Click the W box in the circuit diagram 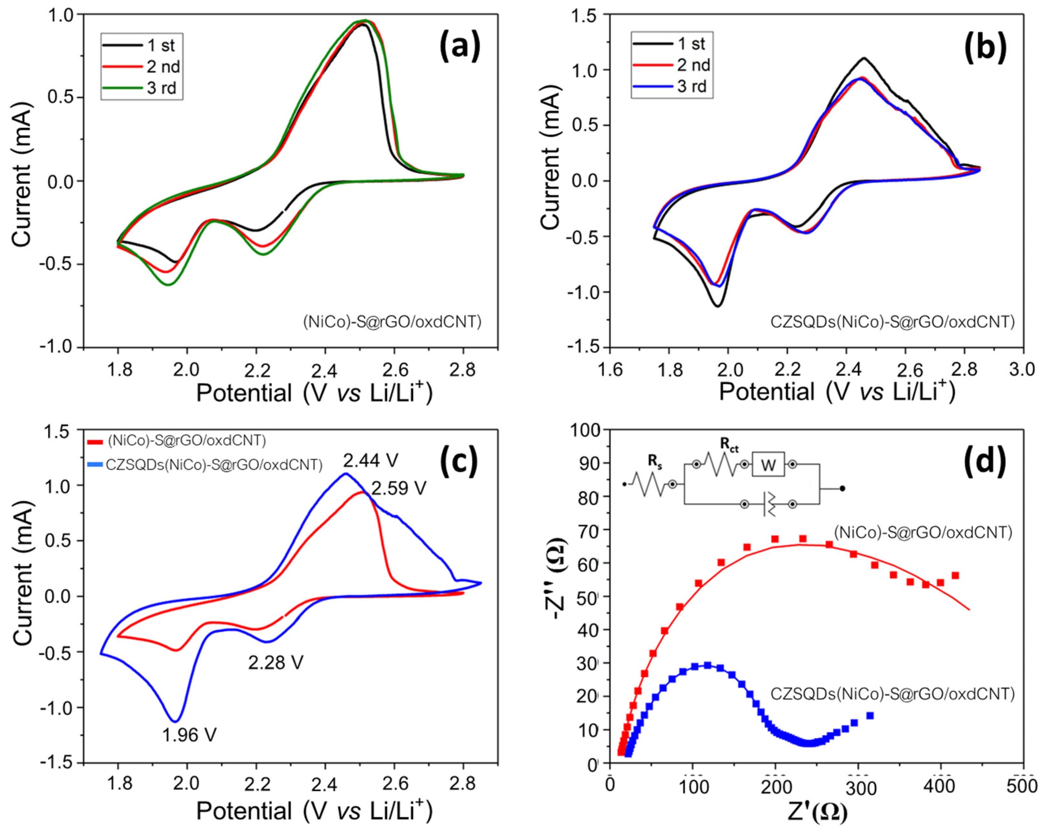(x=768, y=466)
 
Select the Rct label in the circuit (x=729, y=447)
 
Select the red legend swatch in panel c (x=95, y=441)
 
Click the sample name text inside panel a (x=392, y=322)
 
